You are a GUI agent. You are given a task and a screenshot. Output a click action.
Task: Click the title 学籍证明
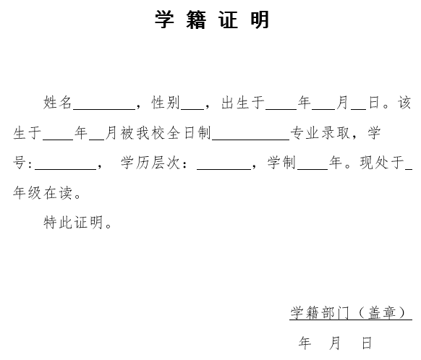click(211, 20)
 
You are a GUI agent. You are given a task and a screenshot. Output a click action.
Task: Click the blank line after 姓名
click(104, 109)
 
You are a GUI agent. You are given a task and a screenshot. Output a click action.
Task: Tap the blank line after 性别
click(192, 109)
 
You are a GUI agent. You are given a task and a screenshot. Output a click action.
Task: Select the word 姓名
click(57, 102)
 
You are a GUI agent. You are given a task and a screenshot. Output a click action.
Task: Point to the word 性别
click(166, 102)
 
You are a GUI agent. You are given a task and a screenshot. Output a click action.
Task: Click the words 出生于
click(243, 102)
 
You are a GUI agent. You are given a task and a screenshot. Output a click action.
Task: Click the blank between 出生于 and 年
click(281, 109)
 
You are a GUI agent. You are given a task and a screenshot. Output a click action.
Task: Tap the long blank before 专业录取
click(251, 140)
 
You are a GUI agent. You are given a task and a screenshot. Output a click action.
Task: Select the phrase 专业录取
click(320, 132)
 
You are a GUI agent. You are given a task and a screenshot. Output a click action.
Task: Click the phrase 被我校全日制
click(166, 132)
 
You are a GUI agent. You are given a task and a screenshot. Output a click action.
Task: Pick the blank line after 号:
click(66, 169)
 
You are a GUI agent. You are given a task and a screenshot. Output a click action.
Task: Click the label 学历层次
click(150, 163)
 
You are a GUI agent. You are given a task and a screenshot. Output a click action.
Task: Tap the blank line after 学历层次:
click(224, 169)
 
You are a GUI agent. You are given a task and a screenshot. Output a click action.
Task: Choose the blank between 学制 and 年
click(312, 169)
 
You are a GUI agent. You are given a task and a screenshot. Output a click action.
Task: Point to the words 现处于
click(382, 163)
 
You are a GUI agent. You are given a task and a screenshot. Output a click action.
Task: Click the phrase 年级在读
click(43, 192)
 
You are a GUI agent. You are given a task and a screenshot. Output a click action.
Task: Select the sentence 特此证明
click(73, 222)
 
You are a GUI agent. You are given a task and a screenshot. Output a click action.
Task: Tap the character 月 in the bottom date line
click(335, 343)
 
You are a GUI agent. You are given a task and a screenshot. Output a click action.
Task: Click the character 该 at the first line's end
click(404, 102)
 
